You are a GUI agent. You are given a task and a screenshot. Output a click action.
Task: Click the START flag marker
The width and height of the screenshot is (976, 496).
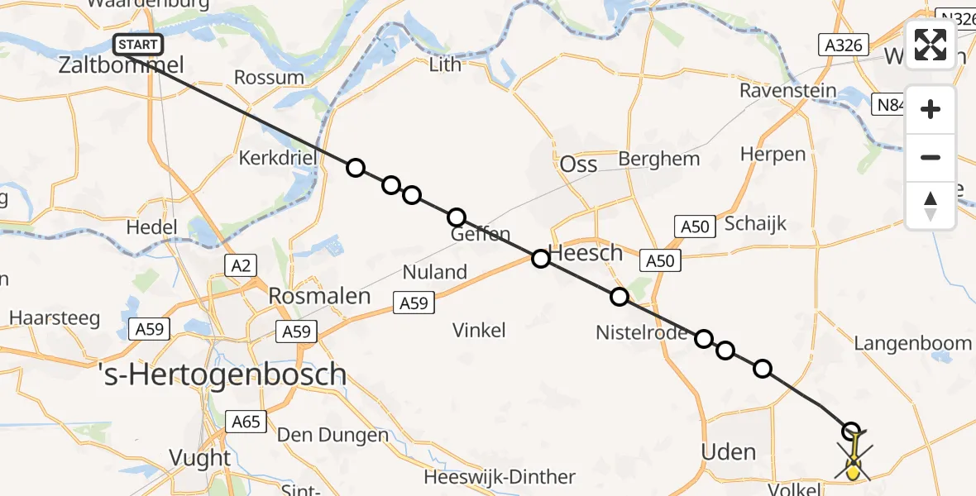138,45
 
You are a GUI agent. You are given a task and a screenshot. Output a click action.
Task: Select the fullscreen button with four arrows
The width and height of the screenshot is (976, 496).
931,45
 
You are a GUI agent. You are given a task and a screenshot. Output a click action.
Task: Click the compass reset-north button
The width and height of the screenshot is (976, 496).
931,205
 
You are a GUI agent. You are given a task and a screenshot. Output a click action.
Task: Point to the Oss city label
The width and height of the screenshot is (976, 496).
578,165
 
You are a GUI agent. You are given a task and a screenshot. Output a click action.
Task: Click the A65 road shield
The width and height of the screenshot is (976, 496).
246,422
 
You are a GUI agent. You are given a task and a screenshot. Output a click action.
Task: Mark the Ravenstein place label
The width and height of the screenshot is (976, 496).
788,91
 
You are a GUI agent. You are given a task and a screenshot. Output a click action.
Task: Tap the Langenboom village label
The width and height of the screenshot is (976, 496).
912,343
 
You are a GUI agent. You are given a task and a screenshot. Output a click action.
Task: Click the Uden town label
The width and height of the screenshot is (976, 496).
728,452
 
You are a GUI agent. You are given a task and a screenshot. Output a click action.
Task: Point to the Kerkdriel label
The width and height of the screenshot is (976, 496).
273,158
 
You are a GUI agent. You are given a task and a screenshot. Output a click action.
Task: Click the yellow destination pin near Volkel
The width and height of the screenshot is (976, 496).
854,471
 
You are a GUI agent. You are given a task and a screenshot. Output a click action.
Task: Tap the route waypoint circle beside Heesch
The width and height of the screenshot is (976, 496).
540,259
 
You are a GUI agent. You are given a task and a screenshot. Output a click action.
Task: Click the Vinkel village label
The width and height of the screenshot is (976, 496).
479,331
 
